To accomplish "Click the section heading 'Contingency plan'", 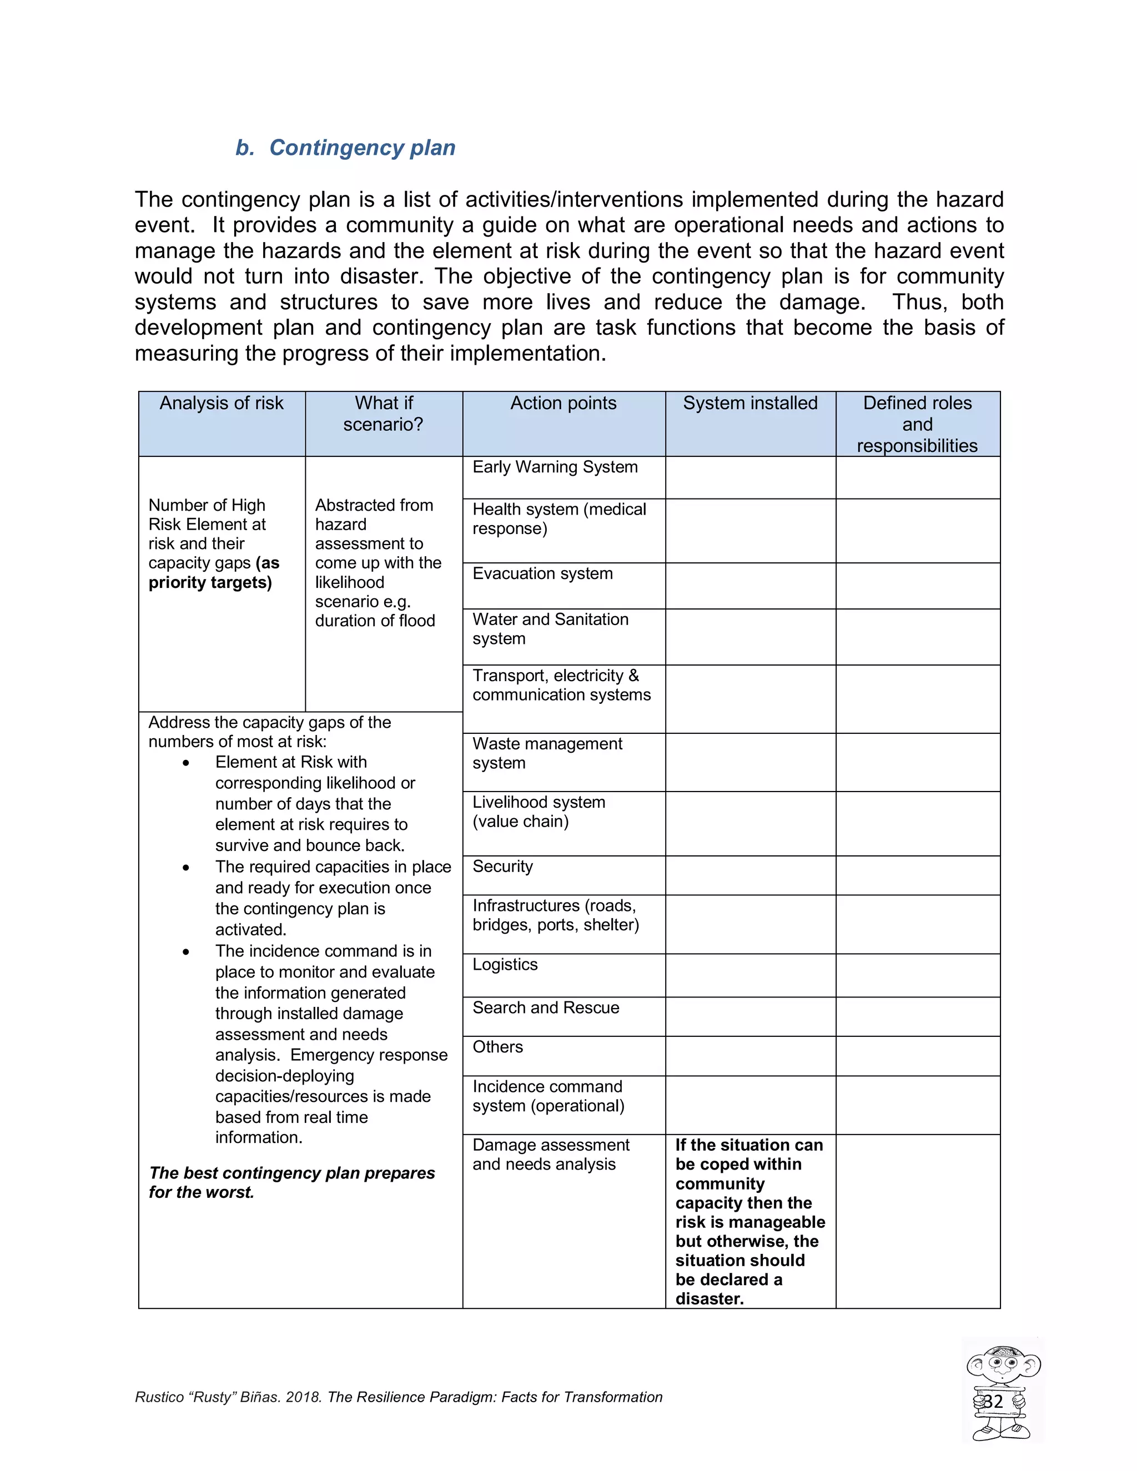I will coord(362,148).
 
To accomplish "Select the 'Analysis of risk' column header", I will coord(221,403).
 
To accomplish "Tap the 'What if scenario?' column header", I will coord(383,414).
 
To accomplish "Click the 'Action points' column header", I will coord(563,403).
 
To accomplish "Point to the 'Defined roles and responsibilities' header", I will coord(917,424).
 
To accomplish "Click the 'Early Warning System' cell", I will coord(555,467).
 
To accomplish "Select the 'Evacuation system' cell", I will coord(542,573).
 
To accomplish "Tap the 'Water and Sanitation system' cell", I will coord(550,628).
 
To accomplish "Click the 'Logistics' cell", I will coord(505,965).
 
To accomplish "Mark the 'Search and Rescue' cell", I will coord(546,1007).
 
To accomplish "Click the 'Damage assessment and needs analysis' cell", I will coord(550,1155).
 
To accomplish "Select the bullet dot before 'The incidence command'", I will coord(186,951).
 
